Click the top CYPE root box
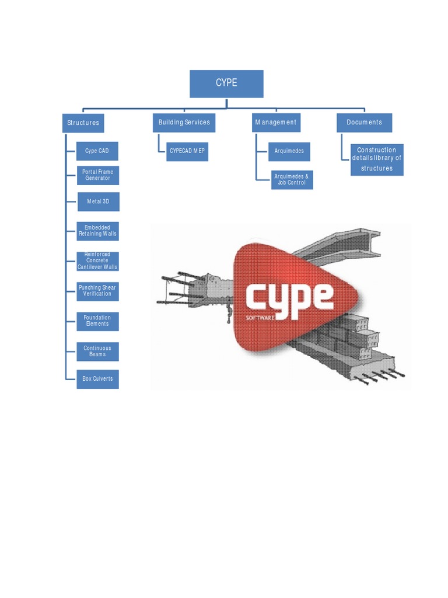click(226, 84)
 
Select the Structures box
click(83, 123)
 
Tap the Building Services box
click(184, 123)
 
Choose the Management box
click(276, 123)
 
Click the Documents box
click(365, 123)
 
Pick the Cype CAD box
click(97, 151)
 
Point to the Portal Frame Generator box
click(97, 175)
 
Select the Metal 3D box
click(99, 201)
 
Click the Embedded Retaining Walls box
click(97, 231)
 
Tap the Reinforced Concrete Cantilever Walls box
click(97, 261)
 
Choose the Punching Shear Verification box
click(97, 291)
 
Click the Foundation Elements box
click(97, 321)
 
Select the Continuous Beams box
click(97, 352)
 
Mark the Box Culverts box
click(97, 379)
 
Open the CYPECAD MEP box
click(187, 151)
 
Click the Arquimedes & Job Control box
click(292, 180)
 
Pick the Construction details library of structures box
click(377, 159)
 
